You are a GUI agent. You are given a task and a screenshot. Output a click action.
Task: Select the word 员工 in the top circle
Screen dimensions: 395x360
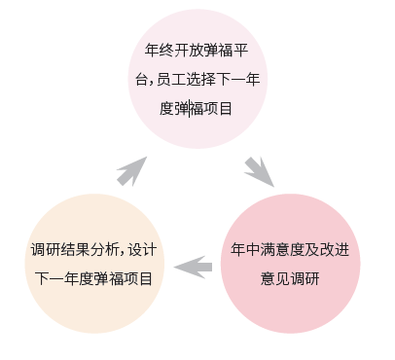[171, 79]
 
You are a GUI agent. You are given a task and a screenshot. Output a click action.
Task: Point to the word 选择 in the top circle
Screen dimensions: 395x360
[200, 79]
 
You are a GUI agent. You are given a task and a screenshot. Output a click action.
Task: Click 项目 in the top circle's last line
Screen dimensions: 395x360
[218, 108]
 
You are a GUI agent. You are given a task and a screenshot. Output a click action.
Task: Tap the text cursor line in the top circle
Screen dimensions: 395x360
[190, 109]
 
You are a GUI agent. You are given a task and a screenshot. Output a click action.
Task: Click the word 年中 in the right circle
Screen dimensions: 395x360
[245, 250]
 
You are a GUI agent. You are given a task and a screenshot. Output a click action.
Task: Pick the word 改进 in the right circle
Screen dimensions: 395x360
[335, 250]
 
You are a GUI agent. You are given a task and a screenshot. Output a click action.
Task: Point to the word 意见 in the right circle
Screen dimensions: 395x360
[275, 278]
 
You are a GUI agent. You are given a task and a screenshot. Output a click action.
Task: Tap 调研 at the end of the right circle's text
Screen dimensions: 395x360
[305, 278]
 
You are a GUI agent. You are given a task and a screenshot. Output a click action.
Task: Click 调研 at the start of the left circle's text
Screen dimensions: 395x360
[46, 250]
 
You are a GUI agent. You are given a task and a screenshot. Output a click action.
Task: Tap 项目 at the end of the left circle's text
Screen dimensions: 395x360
[138, 278]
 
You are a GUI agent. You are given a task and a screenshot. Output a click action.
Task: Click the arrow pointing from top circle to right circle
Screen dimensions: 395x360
[261, 171]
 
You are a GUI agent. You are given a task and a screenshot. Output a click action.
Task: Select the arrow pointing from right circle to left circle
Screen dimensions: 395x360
[194, 267]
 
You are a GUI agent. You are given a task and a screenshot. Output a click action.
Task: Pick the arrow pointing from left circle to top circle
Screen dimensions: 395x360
[131, 172]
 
